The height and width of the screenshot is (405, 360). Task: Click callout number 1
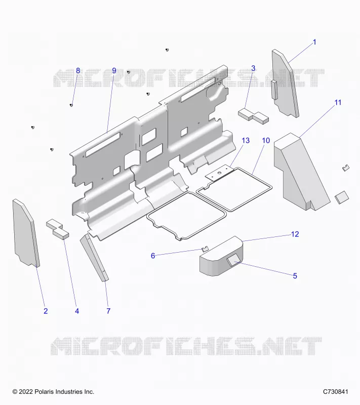[314, 42]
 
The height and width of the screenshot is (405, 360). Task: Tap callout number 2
[46, 311]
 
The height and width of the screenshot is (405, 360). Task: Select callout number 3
[253, 68]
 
